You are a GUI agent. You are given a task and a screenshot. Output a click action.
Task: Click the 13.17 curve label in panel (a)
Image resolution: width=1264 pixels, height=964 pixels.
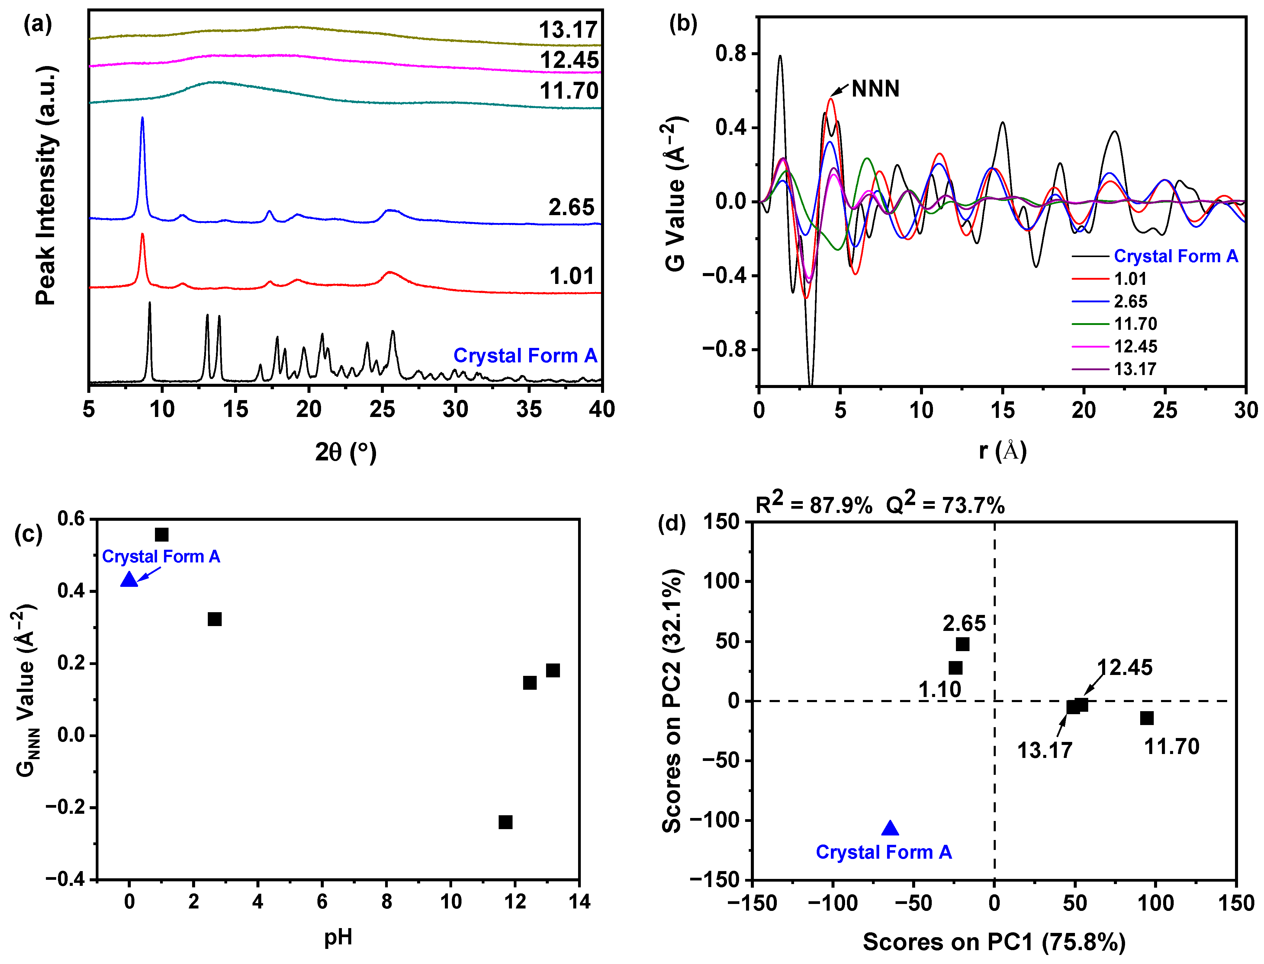pyautogui.click(x=568, y=30)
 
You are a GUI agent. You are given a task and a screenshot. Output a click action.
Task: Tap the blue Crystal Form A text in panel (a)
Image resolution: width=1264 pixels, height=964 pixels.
pyautogui.click(x=525, y=356)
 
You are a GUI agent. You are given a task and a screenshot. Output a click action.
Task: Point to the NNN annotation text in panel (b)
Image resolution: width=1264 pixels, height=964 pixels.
pyautogui.click(x=875, y=89)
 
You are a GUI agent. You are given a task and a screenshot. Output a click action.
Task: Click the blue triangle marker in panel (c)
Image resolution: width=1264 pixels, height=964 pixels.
pyautogui.click(x=129, y=580)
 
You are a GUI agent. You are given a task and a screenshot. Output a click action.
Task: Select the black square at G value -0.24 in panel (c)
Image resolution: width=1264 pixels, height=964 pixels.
pyautogui.click(x=505, y=822)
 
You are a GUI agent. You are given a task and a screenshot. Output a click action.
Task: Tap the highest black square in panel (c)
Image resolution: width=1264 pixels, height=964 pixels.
pyautogui.click(x=162, y=535)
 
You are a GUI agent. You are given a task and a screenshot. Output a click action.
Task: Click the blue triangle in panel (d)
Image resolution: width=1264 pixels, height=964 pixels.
pyautogui.click(x=889, y=828)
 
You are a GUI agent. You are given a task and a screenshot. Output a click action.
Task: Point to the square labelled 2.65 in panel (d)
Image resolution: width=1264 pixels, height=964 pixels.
pyautogui.click(x=963, y=644)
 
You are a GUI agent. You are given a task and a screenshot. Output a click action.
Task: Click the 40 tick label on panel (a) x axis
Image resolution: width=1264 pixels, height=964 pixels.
pyautogui.click(x=601, y=409)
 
